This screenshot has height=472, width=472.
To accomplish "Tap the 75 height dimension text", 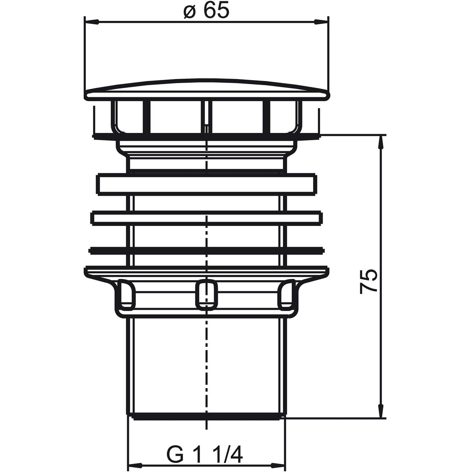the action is point(368,281).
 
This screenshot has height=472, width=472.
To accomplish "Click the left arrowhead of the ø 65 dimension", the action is point(91,22).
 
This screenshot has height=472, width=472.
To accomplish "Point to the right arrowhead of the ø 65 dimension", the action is point(321,22).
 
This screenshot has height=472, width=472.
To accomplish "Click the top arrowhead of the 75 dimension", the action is point(380,142).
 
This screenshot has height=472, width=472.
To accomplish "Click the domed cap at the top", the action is point(207,89).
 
